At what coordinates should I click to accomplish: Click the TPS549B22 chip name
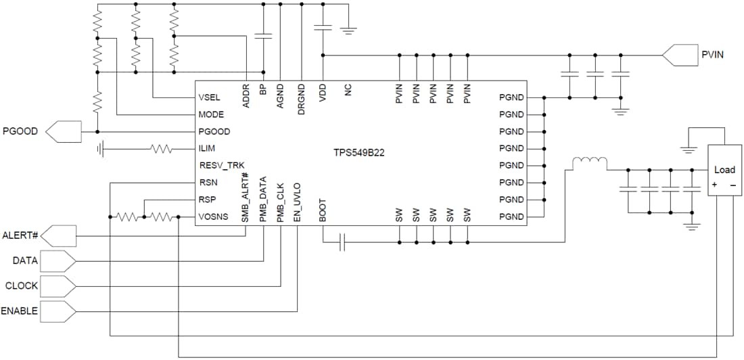(x=358, y=154)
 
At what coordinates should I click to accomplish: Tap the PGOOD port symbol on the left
(x=64, y=131)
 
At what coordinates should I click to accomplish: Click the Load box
(x=724, y=171)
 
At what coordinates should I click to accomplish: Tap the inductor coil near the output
(x=589, y=163)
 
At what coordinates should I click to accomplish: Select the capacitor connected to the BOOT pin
(x=342, y=242)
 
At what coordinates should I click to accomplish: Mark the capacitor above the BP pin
(x=263, y=35)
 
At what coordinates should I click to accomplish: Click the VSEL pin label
(x=211, y=97)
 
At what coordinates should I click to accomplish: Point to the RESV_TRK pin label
(x=222, y=165)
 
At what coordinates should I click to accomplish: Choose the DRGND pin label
(x=301, y=95)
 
